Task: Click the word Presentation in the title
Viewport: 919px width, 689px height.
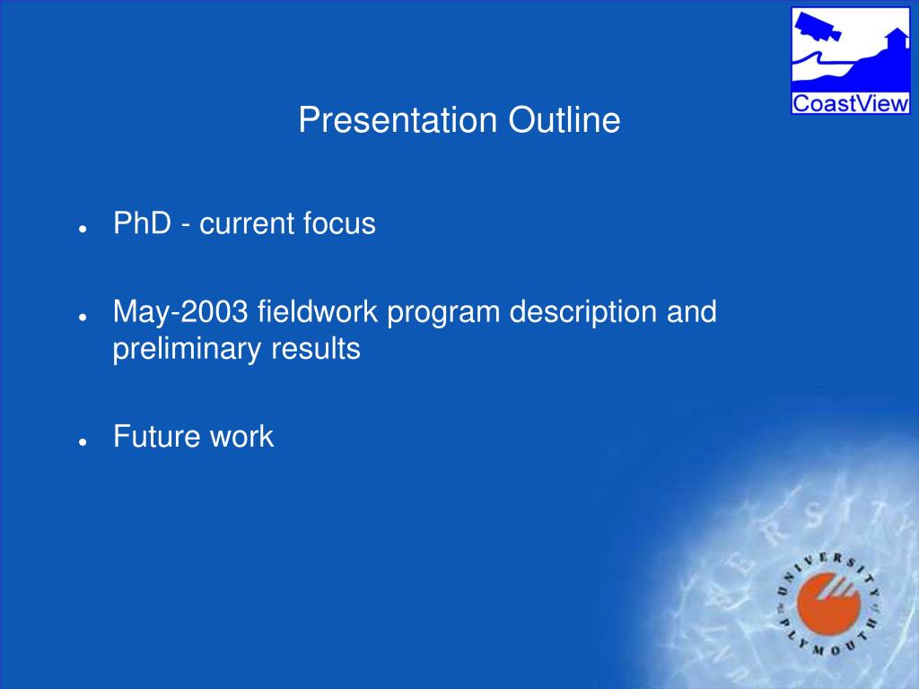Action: (398, 120)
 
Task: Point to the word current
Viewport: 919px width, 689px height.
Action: (246, 224)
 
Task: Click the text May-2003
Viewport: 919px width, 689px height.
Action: (180, 311)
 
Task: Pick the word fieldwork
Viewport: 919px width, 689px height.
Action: (318, 311)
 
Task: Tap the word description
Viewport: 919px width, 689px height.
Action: (583, 311)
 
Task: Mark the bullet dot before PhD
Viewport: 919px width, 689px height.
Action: (83, 229)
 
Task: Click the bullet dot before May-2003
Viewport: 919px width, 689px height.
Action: (83, 317)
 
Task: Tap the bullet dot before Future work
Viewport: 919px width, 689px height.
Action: (83, 441)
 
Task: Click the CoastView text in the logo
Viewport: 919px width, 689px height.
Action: (850, 104)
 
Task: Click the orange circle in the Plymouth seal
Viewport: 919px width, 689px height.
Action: (828, 604)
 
